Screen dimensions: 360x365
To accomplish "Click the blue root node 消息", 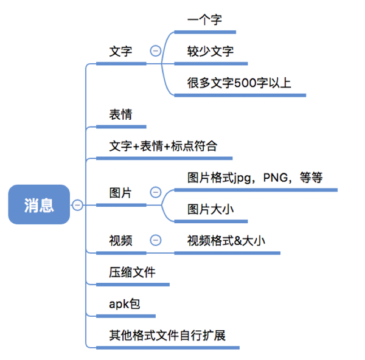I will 39,205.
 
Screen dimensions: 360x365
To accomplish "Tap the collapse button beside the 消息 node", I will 77,206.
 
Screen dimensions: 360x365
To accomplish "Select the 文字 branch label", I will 120,52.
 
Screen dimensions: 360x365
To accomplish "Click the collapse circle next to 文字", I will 155,52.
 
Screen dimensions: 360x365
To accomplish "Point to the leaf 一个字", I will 205,20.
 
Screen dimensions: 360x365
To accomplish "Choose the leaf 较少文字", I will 210,52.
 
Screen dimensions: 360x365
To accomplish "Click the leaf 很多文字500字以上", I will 239,83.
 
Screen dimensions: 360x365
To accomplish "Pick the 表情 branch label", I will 120,115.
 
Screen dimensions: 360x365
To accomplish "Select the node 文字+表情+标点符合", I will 162,147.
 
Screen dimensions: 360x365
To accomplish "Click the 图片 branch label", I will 120,193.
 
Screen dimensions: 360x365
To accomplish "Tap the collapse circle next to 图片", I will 155,193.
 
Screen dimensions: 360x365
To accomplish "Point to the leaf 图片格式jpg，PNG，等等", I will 255,178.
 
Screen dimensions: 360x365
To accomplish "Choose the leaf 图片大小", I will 210,210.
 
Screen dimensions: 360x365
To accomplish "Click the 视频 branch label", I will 120,240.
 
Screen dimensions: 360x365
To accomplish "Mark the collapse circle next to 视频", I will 155,240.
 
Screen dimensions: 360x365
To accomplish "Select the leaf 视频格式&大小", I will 226,240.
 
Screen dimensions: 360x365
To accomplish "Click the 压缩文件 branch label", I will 132,272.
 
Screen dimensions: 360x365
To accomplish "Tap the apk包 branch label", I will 124,303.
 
